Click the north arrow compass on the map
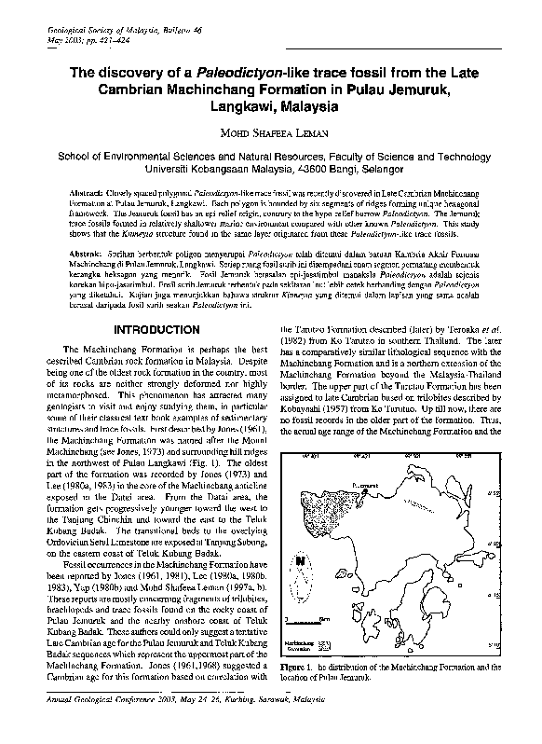[300, 562]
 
